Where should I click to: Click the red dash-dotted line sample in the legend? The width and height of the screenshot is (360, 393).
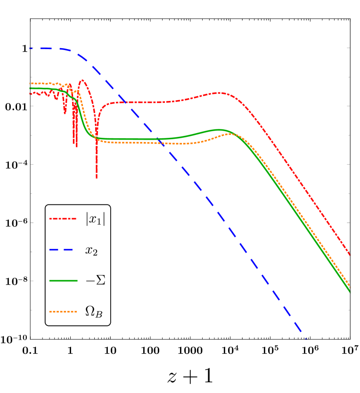[x=63, y=219]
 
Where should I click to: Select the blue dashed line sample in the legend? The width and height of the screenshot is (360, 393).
[x=61, y=250]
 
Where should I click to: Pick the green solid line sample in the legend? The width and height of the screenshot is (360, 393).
[x=63, y=281]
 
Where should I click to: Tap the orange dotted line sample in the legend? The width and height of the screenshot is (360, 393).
[x=63, y=311]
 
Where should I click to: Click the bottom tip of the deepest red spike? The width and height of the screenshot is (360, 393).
[x=97, y=178]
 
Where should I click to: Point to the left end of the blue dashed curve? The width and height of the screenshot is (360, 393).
[x=30, y=48]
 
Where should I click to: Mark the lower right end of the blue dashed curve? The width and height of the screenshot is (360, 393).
[x=306, y=338]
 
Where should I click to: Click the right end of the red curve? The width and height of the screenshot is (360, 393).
[x=350, y=255]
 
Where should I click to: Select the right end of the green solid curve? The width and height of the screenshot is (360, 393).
[x=350, y=291]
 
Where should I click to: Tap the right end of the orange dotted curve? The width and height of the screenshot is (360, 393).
[x=350, y=287]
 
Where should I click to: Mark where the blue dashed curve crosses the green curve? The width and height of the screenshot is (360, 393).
[x=158, y=139]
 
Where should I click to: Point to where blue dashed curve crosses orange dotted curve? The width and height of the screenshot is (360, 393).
[x=161, y=142]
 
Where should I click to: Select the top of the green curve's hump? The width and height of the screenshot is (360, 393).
[x=219, y=130]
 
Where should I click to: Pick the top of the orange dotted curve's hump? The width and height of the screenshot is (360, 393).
[x=231, y=134]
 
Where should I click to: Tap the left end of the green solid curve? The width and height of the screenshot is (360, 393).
[x=30, y=88]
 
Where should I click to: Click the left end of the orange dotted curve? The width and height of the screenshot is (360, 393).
[x=30, y=84]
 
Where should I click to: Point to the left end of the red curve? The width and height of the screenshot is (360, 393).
[x=30, y=93]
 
